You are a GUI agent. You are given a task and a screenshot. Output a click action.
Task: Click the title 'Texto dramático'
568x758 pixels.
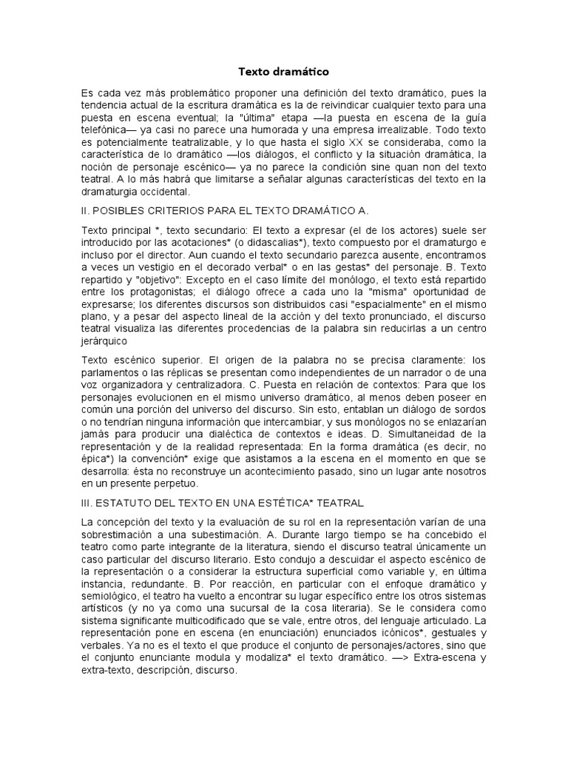click(283, 72)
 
